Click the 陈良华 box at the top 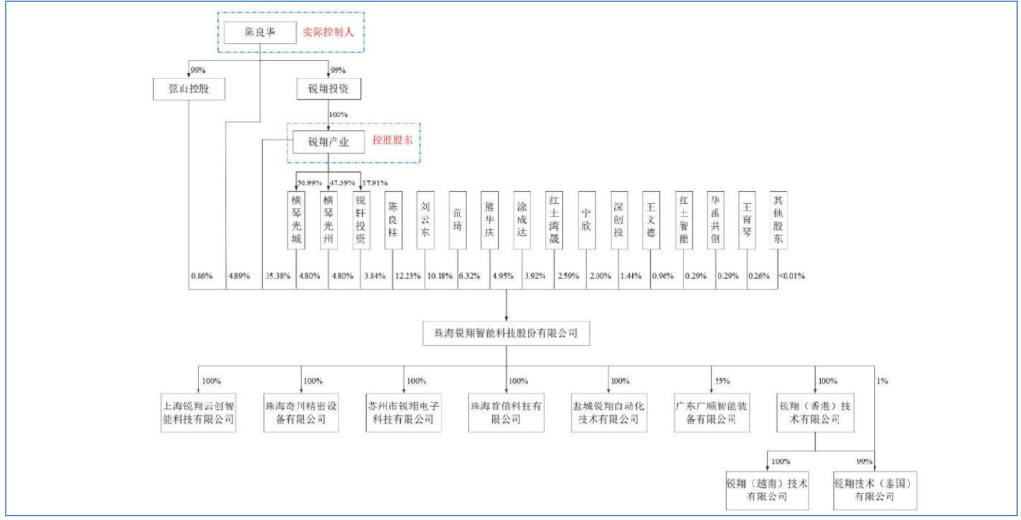pyautogui.click(x=259, y=33)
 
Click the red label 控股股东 pyautogui.click(x=393, y=143)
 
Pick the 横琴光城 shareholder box pyautogui.click(x=297, y=221)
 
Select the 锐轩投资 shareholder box pyautogui.click(x=360, y=221)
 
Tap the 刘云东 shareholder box pyautogui.click(x=424, y=221)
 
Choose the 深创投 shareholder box pyautogui.click(x=617, y=221)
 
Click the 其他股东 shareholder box pyautogui.click(x=778, y=221)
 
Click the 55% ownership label pyautogui.click(x=723, y=381)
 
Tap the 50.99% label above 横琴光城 pyautogui.click(x=311, y=182)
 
